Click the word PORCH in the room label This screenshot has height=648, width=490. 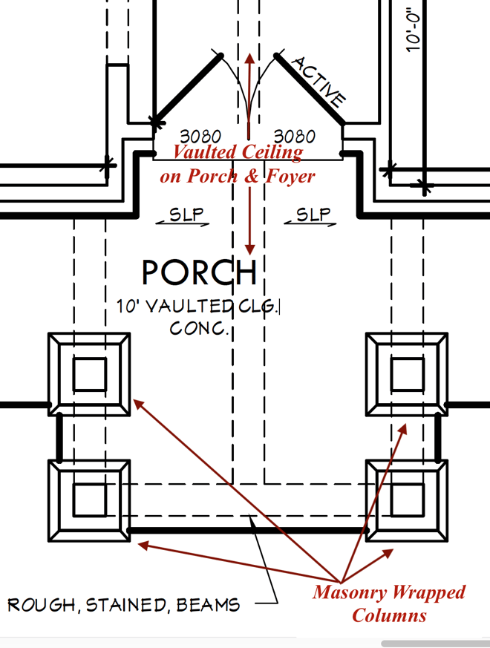pyautogui.click(x=199, y=273)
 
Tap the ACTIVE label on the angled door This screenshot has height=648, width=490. pyautogui.click(x=318, y=82)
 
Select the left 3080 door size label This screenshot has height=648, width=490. pyautogui.click(x=200, y=137)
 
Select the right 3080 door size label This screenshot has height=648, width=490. pyautogui.click(x=294, y=137)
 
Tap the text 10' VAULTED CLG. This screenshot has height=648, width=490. pyautogui.click(x=198, y=307)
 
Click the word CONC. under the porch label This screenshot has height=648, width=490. pyautogui.click(x=199, y=328)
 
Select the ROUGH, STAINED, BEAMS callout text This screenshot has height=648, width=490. pyautogui.click(x=124, y=605)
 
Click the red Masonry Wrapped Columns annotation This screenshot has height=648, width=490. pyautogui.click(x=389, y=603)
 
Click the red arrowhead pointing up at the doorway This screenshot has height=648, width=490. pyautogui.click(x=249, y=59)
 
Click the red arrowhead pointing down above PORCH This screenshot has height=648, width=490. pyautogui.click(x=250, y=247)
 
